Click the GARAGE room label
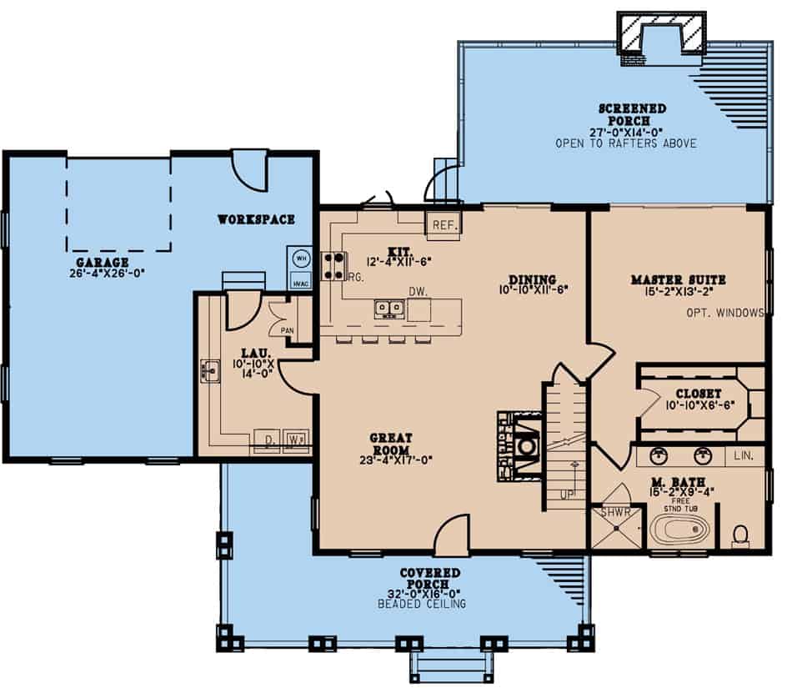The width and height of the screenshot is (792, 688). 102,261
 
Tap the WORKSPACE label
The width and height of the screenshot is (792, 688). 256,219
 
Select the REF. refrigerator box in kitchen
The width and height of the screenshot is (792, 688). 443,225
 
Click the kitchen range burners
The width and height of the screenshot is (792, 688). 334,265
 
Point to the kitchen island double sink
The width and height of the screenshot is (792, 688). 388,309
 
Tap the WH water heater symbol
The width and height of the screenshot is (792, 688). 300,259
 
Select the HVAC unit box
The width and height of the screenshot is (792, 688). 300,282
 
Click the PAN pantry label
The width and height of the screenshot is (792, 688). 287,330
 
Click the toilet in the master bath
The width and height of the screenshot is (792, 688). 740,534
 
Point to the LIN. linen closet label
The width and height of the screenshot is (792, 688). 744,457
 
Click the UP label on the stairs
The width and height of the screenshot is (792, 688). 567,494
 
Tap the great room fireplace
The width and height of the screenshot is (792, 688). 524,446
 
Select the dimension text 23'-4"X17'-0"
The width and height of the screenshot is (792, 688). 396,459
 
